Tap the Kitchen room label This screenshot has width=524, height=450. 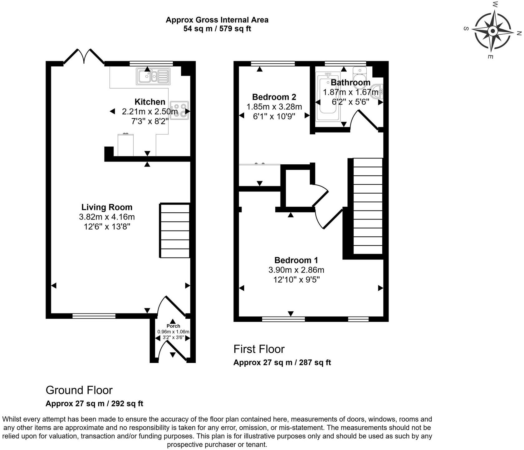pyautogui.click(x=150, y=102)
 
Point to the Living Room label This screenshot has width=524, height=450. pyautogui.click(x=107, y=207)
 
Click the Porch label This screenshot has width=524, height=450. pyautogui.click(x=173, y=326)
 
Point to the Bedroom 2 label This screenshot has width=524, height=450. pyautogui.click(x=274, y=97)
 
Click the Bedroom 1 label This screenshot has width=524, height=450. pyautogui.click(x=296, y=260)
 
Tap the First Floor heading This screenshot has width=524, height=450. pyautogui.click(x=259, y=349)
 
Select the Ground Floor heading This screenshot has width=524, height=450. pyautogui.click(x=79, y=390)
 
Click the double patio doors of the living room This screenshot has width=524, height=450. pyautogui.click(x=84, y=56)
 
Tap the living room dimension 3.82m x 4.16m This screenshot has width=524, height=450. pyautogui.click(x=107, y=217)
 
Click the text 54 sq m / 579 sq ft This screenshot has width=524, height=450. pyautogui.click(x=217, y=29)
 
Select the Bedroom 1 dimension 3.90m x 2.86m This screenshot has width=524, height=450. pyautogui.click(x=296, y=270)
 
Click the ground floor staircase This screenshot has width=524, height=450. pyautogui.click(x=175, y=231)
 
